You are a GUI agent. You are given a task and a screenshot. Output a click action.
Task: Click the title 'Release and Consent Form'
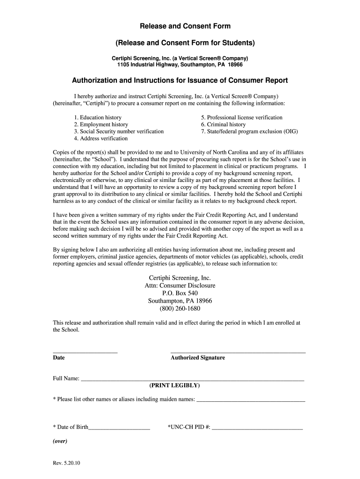[x=180, y=27]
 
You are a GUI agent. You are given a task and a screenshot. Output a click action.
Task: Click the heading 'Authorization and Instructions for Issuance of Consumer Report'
[x=180, y=80]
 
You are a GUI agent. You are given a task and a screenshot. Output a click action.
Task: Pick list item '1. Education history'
[x=98, y=117]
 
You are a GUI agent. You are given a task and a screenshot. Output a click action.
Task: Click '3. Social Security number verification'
[x=119, y=131]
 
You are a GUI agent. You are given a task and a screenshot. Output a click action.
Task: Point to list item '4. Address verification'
[x=101, y=138]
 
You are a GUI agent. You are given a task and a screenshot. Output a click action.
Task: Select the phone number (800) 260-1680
[x=180, y=309]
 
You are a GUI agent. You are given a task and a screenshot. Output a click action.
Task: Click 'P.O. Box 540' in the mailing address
[x=180, y=293]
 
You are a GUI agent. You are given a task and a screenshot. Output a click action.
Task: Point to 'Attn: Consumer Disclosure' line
[x=180, y=285]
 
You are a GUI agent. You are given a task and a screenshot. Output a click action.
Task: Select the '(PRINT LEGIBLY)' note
[x=174, y=385]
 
